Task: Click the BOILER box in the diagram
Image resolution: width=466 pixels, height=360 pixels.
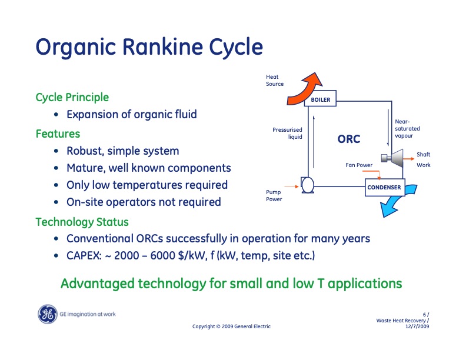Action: point(320,98)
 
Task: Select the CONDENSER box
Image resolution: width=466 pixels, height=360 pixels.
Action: point(385,188)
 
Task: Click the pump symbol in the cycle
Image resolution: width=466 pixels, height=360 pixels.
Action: point(307,185)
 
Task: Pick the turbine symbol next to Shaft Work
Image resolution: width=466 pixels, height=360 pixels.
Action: point(393,158)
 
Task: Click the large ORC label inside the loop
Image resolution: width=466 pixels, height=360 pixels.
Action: point(348,139)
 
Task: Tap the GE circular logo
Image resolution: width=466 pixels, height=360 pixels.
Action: point(47,314)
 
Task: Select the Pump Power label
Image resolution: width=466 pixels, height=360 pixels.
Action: point(274,196)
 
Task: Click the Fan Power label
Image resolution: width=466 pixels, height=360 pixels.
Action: point(359,165)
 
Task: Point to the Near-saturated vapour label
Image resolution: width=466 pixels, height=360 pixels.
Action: point(407,129)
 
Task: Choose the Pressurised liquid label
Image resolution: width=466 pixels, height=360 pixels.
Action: point(287,134)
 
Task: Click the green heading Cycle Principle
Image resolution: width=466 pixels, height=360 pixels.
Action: point(72,98)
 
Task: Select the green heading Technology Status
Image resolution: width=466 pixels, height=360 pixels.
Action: point(82,222)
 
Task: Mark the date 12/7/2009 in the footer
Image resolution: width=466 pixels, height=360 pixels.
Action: point(417,326)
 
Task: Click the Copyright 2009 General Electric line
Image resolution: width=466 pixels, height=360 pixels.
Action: point(231,326)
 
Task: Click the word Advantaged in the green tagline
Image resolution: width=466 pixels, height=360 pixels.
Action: point(98,284)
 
